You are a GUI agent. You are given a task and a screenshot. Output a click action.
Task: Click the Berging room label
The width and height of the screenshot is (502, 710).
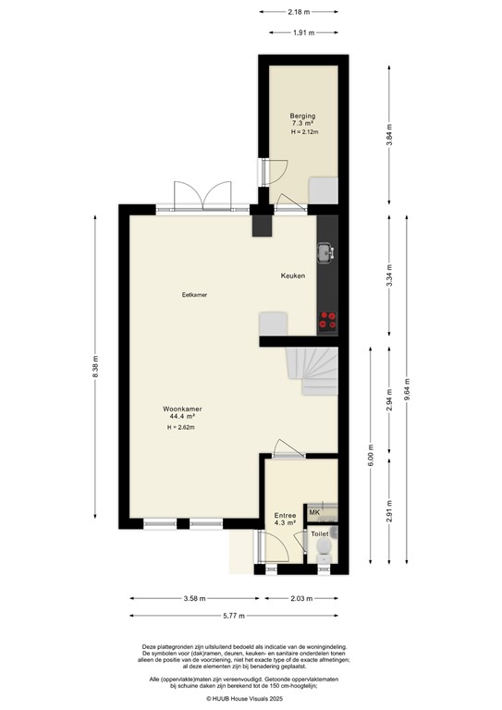[302, 116]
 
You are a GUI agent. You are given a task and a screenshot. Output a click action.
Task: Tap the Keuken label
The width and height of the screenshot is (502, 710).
[293, 276]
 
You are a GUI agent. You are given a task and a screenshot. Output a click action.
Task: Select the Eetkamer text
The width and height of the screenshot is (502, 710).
[194, 295]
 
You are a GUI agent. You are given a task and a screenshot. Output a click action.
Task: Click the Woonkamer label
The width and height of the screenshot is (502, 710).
[182, 409]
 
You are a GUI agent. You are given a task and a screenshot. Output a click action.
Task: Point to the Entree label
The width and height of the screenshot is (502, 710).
[285, 515]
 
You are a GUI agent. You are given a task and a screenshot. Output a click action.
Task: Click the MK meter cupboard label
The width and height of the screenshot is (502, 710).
[314, 512]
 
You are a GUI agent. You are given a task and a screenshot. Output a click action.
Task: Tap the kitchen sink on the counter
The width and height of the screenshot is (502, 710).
[325, 251]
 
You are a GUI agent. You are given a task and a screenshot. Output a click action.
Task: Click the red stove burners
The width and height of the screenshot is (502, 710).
[327, 320]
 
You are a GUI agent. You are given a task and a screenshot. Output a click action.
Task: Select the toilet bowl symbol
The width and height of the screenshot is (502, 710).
[324, 553]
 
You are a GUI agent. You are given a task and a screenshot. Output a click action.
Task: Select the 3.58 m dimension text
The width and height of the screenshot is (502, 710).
[194, 598]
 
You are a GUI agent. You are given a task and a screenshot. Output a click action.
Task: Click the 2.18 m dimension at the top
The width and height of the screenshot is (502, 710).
[298, 12]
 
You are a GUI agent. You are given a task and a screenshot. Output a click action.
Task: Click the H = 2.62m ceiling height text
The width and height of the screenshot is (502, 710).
[181, 428]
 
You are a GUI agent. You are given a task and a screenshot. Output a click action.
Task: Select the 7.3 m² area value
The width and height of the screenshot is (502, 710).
[302, 124]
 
